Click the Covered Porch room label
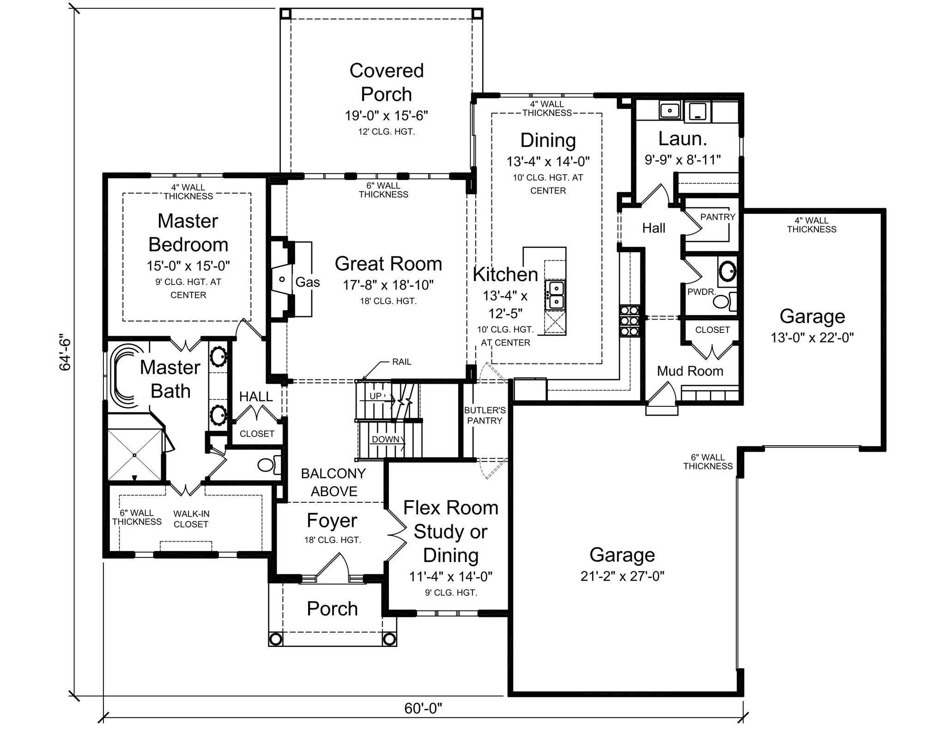(x=387, y=82)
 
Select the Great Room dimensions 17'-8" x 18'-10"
(x=388, y=285)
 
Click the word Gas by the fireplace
(x=308, y=282)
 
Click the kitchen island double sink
(x=555, y=295)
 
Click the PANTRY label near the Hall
(x=718, y=217)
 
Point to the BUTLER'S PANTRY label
(x=485, y=415)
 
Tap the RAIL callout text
(x=401, y=362)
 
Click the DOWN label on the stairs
(x=385, y=439)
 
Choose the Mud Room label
(x=690, y=371)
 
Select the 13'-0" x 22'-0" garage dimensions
(x=812, y=338)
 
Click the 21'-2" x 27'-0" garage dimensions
(x=622, y=576)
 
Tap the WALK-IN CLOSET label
(x=191, y=519)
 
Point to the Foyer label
(x=332, y=520)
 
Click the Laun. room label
(x=683, y=139)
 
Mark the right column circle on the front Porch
(x=389, y=639)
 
